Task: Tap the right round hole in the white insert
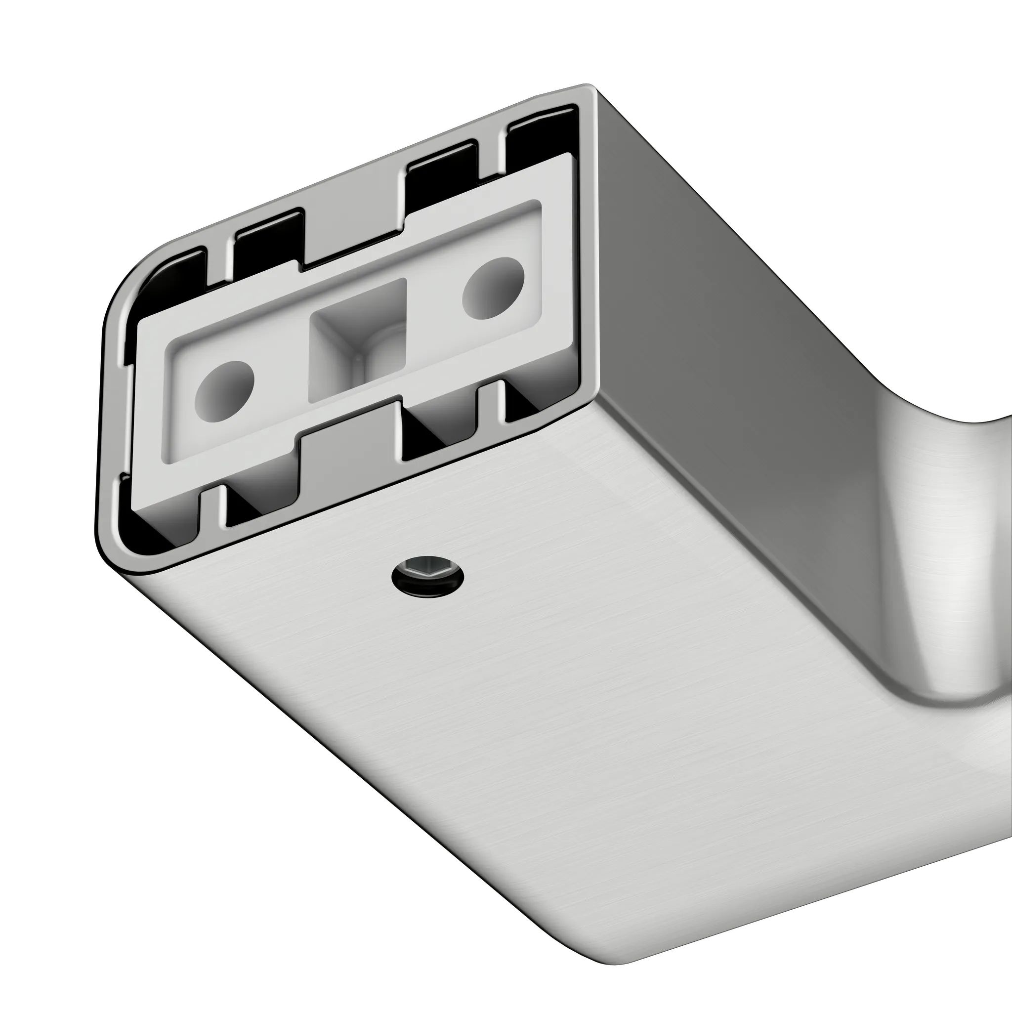(493, 288)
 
